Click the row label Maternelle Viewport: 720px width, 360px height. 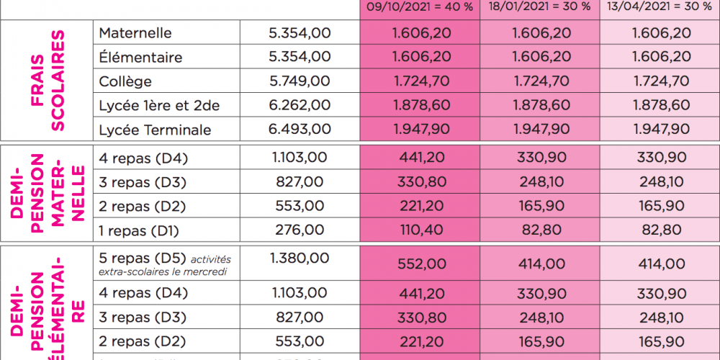(x=135, y=33)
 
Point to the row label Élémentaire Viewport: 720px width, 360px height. (x=140, y=58)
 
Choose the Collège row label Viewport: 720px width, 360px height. (x=125, y=81)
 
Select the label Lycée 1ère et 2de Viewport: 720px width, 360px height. (x=158, y=106)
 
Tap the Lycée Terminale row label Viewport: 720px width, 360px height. (x=155, y=130)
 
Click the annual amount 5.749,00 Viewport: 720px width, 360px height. (x=300, y=81)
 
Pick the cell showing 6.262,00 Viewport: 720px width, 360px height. (x=300, y=106)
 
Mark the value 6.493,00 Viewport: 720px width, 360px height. (x=300, y=130)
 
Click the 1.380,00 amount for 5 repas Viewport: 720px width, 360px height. (x=300, y=258)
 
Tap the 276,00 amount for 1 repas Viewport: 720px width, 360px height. (x=300, y=230)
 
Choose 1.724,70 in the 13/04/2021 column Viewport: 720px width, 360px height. (x=660, y=81)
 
